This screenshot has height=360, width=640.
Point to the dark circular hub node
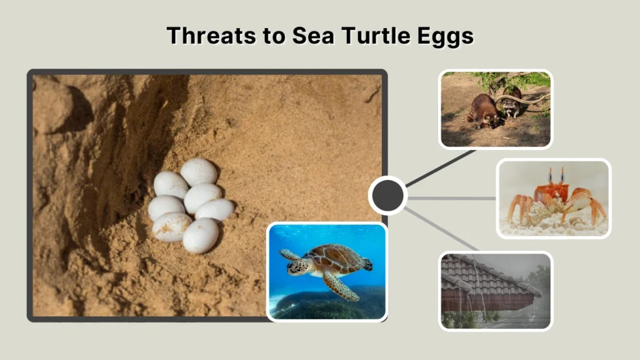(387, 196)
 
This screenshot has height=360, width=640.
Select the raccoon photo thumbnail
(496, 109)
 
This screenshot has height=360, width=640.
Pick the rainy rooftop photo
(496, 291)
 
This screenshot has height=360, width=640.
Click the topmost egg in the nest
(199, 171)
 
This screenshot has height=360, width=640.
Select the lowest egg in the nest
(201, 236)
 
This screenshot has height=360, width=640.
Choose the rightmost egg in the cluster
(215, 209)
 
